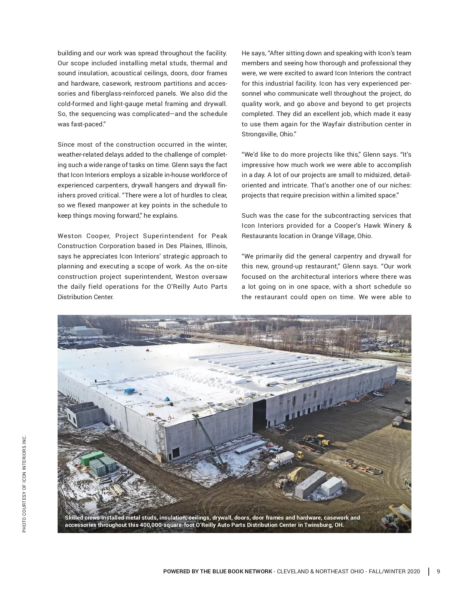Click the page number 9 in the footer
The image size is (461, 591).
coord(438,571)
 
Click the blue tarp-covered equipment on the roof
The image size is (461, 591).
coord(129,391)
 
